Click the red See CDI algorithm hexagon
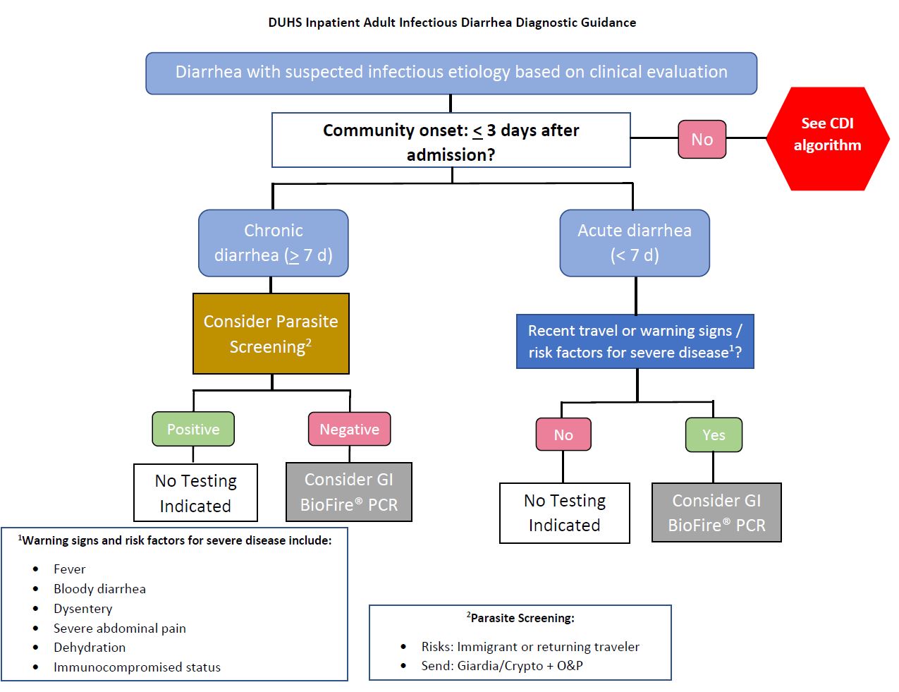tap(827, 138)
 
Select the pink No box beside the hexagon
tap(702, 139)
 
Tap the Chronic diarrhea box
tap(274, 243)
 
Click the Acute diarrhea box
tap(635, 243)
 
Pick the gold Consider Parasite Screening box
tap(271, 334)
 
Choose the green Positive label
tap(193, 429)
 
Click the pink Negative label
tap(349, 429)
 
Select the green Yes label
tap(714, 435)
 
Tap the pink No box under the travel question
tap(563, 435)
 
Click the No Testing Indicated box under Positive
tap(195, 493)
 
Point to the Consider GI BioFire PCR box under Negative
tap(349, 492)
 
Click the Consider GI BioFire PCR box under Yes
tap(716, 513)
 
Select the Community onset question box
tap(451, 140)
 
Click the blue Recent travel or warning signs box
tap(635, 341)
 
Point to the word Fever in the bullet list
tap(69, 569)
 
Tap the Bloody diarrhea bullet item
tap(99, 589)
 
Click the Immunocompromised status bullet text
tap(137, 667)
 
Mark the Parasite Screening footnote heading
tap(521, 618)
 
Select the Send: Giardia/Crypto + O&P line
tap(502, 666)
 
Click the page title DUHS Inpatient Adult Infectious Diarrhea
tap(452, 23)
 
